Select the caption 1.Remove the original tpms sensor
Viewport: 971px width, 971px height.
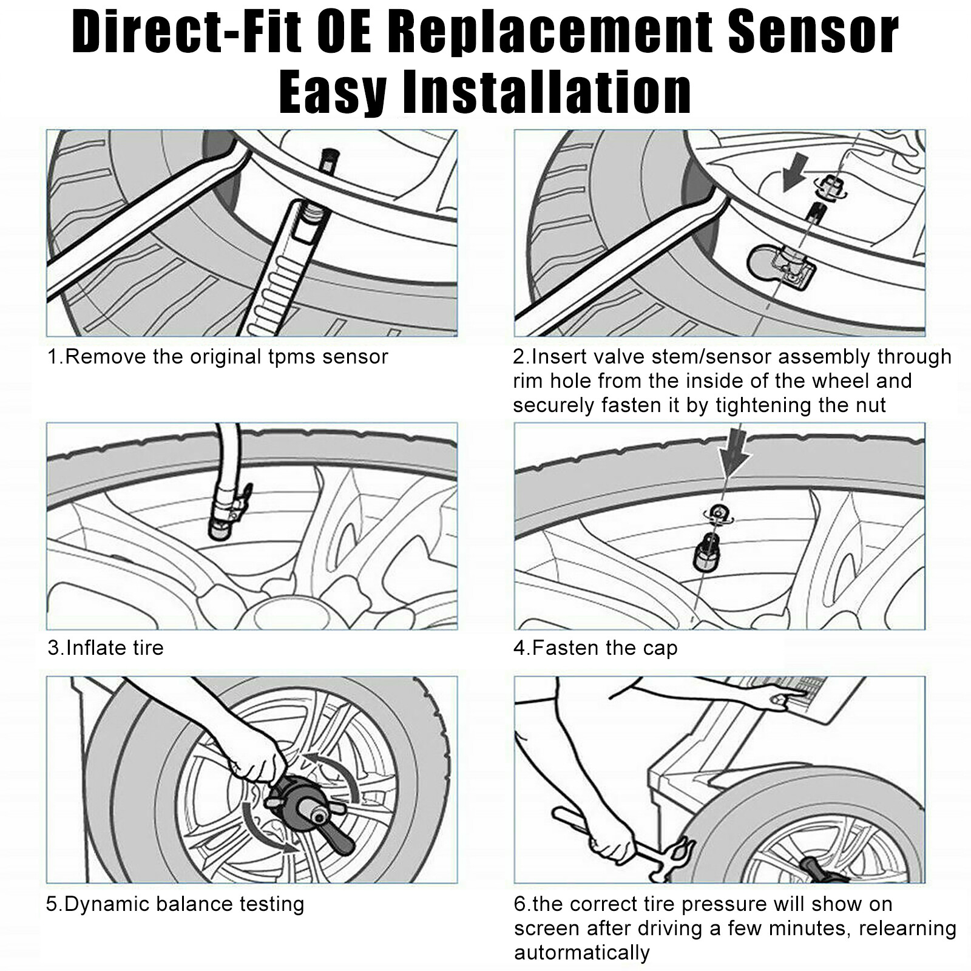(217, 357)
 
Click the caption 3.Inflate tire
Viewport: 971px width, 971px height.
(106, 648)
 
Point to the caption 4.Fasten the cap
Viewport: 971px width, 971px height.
(595, 648)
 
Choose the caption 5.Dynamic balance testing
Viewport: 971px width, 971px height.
(175, 904)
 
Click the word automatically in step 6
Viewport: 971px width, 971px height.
(581, 952)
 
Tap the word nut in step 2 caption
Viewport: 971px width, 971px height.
(870, 405)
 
